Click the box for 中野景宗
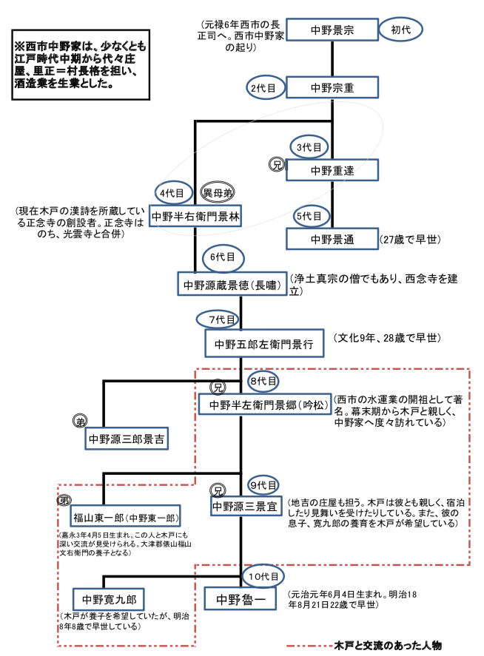point(332,31)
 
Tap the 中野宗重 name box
point(332,87)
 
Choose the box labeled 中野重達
point(332,171)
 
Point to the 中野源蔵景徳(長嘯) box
point(232,284)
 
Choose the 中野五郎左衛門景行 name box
point(264,344)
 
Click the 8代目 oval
point(263,382)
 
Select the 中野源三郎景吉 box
point(127,439)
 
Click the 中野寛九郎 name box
point(115,599)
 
